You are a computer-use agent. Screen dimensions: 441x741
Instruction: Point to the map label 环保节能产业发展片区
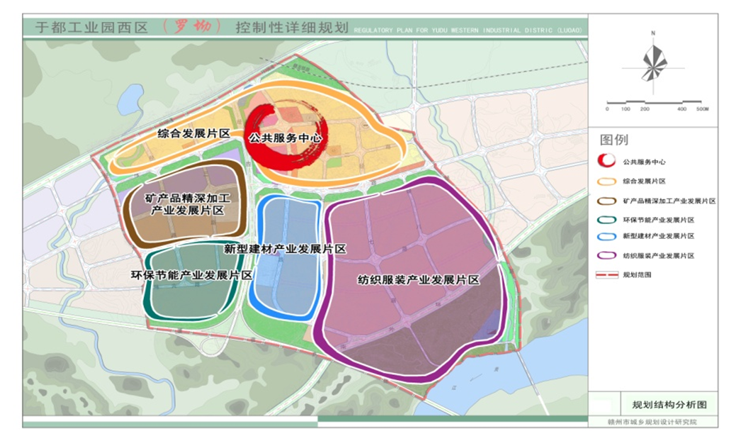point(192,274)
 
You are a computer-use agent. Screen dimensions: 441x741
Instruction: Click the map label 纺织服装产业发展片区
point(418,280)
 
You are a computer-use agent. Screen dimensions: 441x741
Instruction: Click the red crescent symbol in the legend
point(606,162)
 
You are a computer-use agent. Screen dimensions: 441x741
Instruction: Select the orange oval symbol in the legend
point(606,181)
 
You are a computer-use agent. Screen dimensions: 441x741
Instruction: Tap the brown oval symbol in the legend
point(606,200)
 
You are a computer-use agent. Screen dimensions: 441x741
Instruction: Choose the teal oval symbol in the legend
point(606,218)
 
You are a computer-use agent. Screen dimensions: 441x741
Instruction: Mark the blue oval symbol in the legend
point(606,236)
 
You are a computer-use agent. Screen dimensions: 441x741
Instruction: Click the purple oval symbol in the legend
point(606,255)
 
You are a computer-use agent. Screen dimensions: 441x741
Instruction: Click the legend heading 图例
point(614,140)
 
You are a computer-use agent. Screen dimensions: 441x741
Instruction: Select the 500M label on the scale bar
point(701,109)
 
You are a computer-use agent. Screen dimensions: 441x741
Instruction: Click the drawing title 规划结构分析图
point(669,405)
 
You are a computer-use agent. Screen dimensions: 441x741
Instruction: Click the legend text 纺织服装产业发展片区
point(658,255)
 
